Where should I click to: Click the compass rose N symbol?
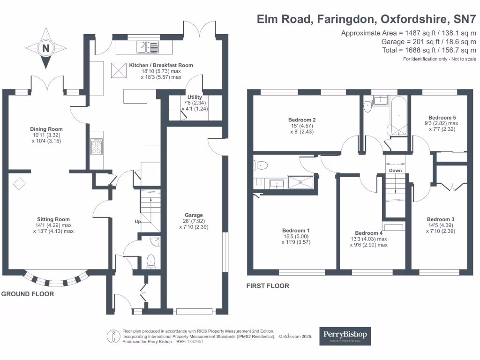coord(46,48)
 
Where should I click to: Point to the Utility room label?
coord(195,97)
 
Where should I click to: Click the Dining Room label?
coord(46,129)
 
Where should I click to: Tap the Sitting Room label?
coord(53,219)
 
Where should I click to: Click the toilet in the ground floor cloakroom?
coord(151,260)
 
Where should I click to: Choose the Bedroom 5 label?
coord(442,118)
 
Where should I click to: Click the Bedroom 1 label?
coord(296,230)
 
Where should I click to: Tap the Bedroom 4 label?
coord(369,233)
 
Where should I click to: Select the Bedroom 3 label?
coord(440,219)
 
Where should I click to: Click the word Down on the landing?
coord(395,171)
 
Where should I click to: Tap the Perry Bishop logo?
coord(345,336)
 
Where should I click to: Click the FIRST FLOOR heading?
coord(268,286)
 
